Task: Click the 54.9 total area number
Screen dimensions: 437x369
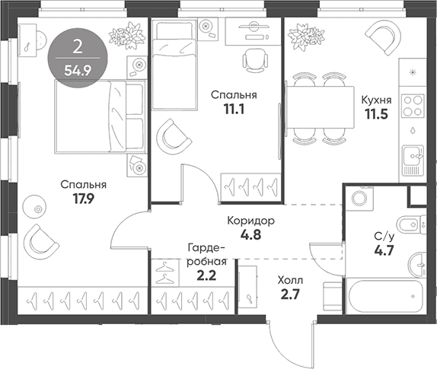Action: (x=78, y=71)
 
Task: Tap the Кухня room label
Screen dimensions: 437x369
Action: (x=377, y=100)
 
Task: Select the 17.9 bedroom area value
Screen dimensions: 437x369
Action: (x=84, y=199)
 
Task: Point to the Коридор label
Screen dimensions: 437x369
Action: (x=250, y=221)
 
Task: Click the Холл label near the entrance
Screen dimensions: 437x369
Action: (x=290, y=281)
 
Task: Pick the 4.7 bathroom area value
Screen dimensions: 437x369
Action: (x=384, y=250)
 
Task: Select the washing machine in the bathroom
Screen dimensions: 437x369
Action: (x=359, y=199)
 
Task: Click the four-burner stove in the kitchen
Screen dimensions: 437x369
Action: (x=413, y=106)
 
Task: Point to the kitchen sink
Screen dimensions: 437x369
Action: (x=413, y=160)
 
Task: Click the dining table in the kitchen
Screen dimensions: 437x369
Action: (x=321, y=107)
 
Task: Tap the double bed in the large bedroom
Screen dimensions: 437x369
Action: (x=100, y=116)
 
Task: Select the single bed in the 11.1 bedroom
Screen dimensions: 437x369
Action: (x=174, y=65)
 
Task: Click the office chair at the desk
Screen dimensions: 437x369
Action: (x=255, y=61)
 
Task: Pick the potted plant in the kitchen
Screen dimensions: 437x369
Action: (x=306, y=37)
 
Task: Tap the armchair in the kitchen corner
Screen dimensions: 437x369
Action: (x=383, y=37)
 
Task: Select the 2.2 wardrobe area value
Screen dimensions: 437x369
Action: (x=206, y=276)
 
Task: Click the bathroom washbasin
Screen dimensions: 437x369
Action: (x=417, y=264)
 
